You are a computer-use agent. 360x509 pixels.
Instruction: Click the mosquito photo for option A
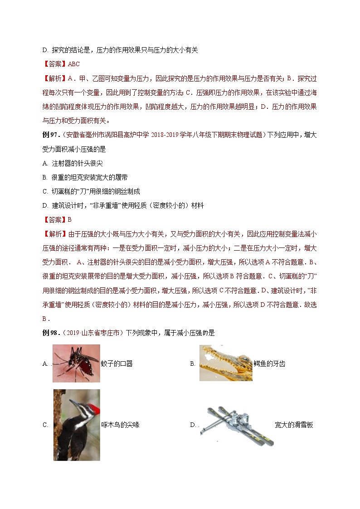76,363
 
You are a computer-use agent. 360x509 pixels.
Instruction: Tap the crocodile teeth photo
225,363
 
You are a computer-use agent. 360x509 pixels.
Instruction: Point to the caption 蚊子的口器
117,364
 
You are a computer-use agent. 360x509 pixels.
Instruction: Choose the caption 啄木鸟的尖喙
120,425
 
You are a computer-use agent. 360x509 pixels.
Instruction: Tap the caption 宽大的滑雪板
294,425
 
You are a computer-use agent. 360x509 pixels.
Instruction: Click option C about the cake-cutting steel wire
91,191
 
